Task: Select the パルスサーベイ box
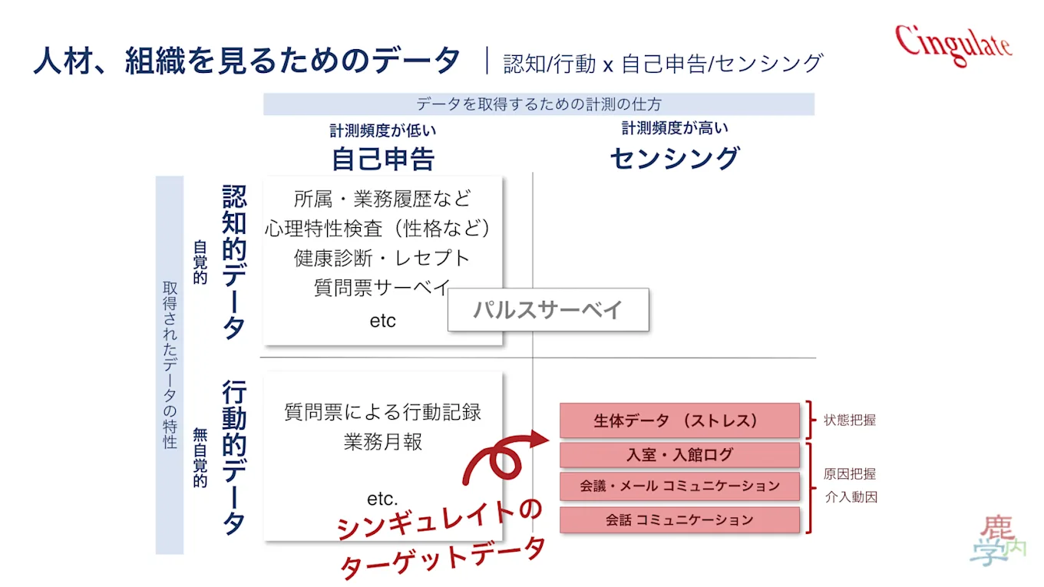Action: (x=548, y=310)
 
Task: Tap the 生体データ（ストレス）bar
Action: (x=679, y=420)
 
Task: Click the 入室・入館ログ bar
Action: (x=679, y=455)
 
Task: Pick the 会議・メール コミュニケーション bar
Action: (x=679, y=486)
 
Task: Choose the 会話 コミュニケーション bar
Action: (x=679, y=519)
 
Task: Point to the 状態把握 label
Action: (x=850, y=420)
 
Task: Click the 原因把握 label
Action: (x=850, y=473)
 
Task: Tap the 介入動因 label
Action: (x=850, y=497)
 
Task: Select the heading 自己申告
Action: (x=383, y=158)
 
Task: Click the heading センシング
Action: (x=674, y=158)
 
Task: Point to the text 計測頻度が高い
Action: (x=674, y=128)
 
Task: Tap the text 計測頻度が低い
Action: (x=383, y=130)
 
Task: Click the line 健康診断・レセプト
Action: (x=382, y=258)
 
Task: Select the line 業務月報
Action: (x=382, y=443)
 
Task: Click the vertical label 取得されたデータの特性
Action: (x=170, y=364)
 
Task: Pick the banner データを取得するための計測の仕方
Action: (x=538, y=104)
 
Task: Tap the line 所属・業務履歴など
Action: (x=382, y=200)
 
